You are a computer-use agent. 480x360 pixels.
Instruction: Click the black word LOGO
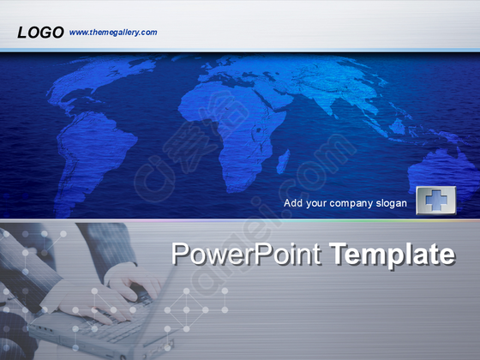[x=40, y=33]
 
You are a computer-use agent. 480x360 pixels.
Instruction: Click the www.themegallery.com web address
[x=113, y=33]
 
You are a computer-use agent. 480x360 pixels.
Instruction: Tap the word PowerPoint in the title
[x=246, y=254]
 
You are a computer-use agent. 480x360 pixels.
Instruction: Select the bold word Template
[x=393, y=254]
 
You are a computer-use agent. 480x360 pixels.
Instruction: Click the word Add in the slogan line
[x=293, y=203]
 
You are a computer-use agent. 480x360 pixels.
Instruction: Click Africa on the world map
[x=236, y=132]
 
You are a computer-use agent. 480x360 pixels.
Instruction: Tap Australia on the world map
[x=444, y=171]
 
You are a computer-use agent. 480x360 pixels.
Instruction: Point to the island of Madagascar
[x=283, y=162]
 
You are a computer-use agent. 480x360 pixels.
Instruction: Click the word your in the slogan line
[x=316, y=204]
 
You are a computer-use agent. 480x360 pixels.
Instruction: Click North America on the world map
[x=92, y=80]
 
